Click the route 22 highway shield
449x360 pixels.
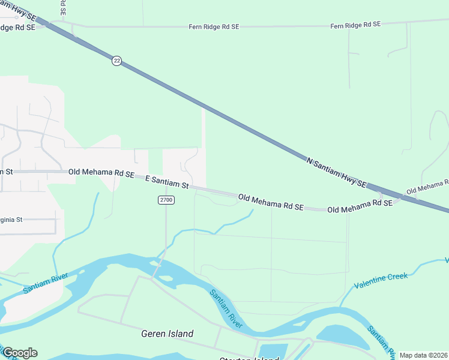click(116, 61)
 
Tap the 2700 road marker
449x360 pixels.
click(166, 200)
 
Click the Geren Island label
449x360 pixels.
click(167, 334)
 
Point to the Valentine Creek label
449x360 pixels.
click(381, 280)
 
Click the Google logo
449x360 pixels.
click(19, 353)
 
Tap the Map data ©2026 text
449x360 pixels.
click(423, 355)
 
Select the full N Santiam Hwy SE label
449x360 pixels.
click(336, 172)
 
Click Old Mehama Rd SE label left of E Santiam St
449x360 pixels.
click(101, 172)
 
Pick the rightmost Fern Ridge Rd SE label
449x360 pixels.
click(355, 25)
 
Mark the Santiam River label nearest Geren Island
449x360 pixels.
click(226, 308)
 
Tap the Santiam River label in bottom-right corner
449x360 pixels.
click(381, 340)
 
